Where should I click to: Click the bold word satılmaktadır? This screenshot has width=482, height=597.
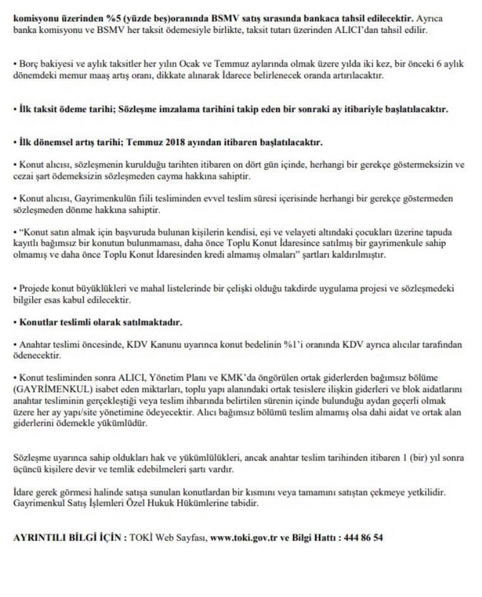tap(153, 322)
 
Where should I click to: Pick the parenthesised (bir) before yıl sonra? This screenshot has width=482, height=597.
tap(417, 458)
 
